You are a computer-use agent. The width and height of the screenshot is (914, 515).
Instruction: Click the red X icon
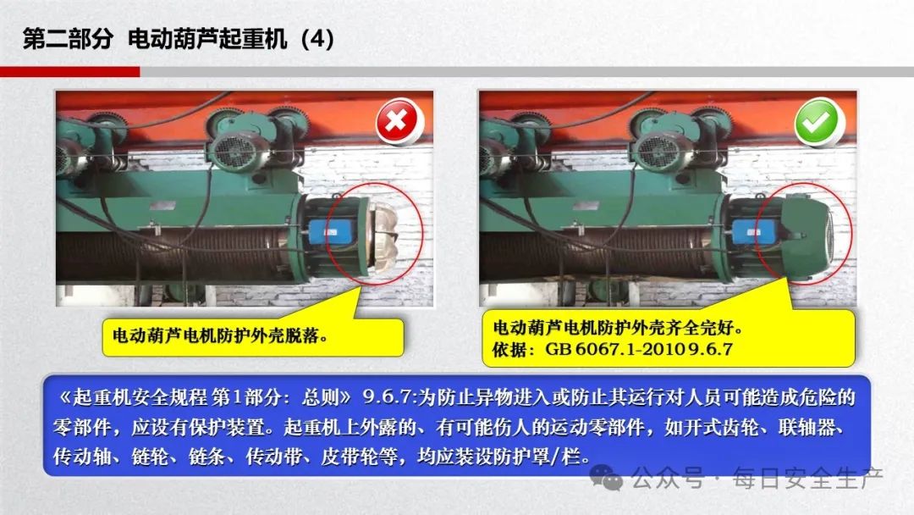click(397, 121)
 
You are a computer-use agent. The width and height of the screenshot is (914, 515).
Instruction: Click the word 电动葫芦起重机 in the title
click(207, 39)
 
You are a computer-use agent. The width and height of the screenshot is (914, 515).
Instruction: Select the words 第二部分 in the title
click(68, 39)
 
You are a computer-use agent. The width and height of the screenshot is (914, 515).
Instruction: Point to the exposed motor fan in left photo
click(383, 236)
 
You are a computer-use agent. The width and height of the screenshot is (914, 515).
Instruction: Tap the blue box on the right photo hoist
click(752, 233)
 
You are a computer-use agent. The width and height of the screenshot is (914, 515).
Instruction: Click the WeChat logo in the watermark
click(606, 477)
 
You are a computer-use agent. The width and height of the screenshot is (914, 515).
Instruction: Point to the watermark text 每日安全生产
click(808, 479)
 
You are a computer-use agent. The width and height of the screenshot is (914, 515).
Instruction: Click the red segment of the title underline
click(70, 72)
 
